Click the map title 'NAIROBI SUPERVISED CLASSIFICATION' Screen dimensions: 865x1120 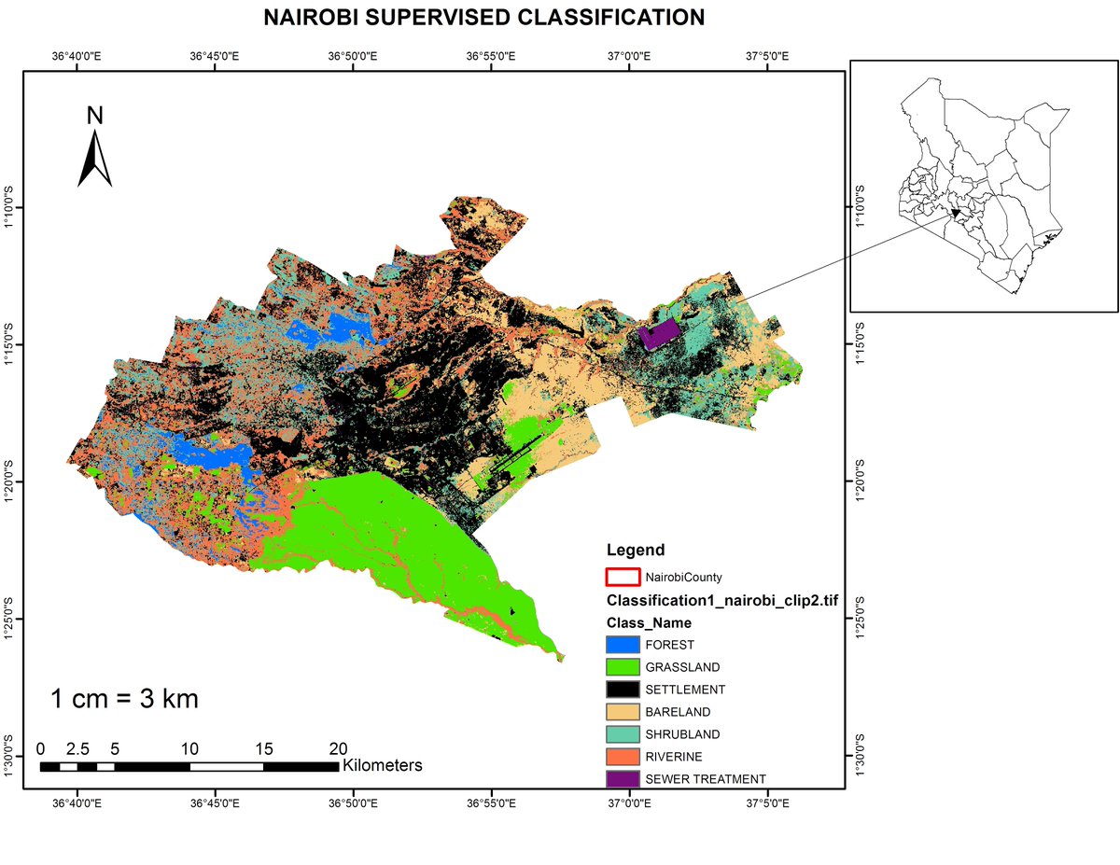483,18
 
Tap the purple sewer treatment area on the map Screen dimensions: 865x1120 660,333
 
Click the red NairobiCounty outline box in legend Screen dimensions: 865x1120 623,578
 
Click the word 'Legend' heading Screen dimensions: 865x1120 635,550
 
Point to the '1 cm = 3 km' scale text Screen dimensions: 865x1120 124,699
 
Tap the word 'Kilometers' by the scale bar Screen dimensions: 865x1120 383,766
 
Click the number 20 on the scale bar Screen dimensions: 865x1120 338,748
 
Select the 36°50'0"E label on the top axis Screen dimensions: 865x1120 353,56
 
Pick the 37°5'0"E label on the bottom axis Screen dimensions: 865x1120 766,802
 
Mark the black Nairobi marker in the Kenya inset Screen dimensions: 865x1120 956,213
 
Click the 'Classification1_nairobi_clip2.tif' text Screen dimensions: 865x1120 721,600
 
